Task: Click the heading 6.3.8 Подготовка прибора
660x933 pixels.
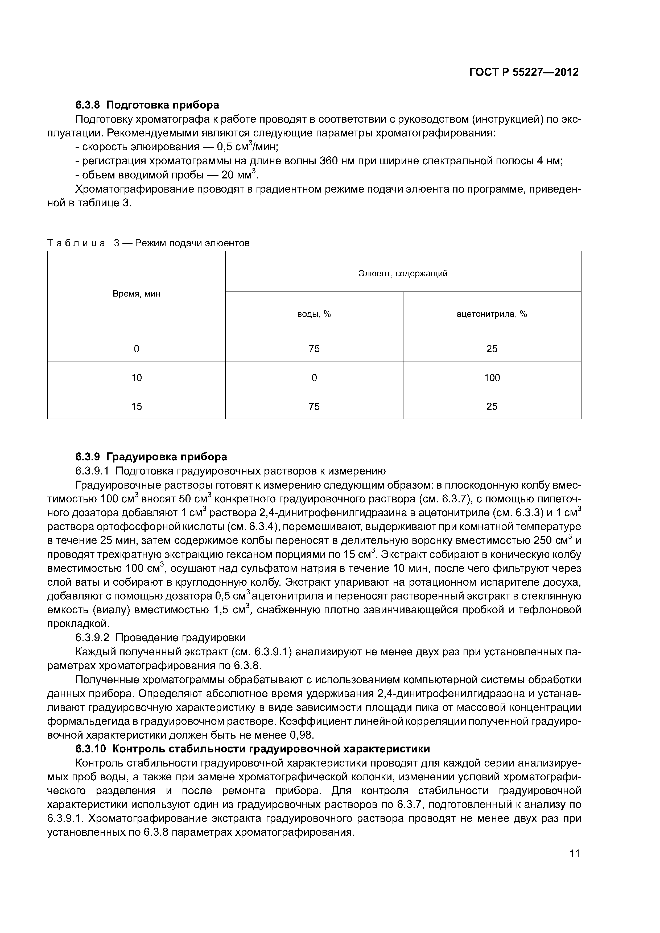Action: click(147, 105)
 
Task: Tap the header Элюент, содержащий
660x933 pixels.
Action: click(403, 273)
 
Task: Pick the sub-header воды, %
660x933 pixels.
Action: click(314, 314)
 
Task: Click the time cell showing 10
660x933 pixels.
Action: click(136, 378)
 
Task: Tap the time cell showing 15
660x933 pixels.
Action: click(136, 406)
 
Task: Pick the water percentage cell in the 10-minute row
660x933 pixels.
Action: click(314, 378)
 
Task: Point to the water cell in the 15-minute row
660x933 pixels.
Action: click(314, 406)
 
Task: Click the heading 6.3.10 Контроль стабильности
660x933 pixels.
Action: click(252, 748)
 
